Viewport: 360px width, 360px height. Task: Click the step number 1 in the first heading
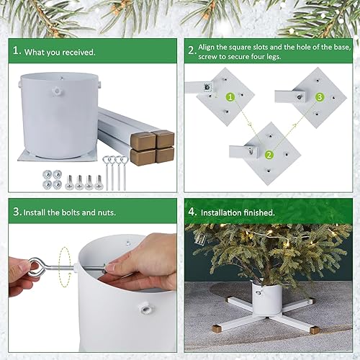coord(16,51)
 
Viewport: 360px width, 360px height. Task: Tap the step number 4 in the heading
coord(192,212)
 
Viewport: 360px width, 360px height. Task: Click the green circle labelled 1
coord(230,96)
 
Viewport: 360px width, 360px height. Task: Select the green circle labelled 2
coord(268,154)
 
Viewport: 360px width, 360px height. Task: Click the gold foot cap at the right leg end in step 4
coord(314,329)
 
